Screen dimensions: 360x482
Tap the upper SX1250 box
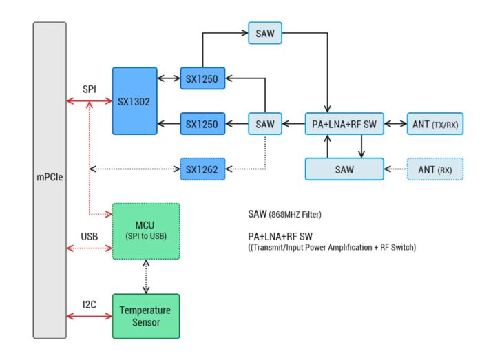coord(202,79)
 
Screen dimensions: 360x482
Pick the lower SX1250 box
coord(202,125)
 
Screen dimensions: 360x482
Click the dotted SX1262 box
coord(202,169)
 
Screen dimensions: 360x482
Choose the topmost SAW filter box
coord(265,33)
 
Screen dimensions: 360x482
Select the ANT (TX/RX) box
coord(435,125)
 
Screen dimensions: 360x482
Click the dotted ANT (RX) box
coord(435,169)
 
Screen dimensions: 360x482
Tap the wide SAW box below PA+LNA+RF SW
coord(344,169)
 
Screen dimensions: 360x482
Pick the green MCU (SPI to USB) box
coord(146,231)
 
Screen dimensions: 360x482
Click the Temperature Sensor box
coord(146,316)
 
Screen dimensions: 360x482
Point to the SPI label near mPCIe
coord(90,89)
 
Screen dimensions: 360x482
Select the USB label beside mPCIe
coord(90,237)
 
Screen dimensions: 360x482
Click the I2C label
coord(90,304)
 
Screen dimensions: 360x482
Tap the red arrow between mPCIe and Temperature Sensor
coord(90,316)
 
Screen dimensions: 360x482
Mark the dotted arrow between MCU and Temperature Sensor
coord(146,277)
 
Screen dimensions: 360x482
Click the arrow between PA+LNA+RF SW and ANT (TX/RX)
coord(395,125)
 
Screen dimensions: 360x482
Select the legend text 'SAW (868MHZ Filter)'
coord(284,214)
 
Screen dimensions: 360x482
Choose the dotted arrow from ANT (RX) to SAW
coord(395,169)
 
